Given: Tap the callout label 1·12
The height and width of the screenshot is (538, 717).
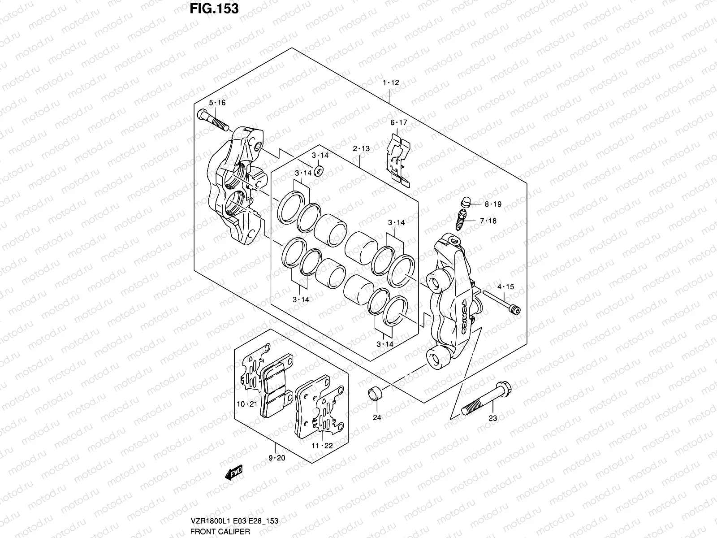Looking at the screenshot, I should (x=390, y=82).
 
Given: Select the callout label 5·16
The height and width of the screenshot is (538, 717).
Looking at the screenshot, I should (x=217, y=103).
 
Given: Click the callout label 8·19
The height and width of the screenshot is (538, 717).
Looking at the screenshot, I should (x=492, y=204).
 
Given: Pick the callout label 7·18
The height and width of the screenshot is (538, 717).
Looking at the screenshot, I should (x=488, y=221).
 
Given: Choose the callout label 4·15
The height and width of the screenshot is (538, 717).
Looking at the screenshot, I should (x=505, y=287).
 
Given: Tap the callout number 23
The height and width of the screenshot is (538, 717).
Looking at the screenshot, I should (x=492, y=418).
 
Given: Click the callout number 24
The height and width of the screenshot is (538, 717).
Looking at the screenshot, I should (x=377, y=417).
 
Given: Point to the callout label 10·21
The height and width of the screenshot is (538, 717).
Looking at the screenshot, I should (x=246, y=404).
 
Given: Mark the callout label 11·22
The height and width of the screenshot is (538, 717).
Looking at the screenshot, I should (x=323, y=446).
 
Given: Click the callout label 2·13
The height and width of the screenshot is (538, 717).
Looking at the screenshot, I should (x=361, y=148).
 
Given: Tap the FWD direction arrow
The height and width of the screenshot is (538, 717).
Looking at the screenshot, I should (x=233, y=473).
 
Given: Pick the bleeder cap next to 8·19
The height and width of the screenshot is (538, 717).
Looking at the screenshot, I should (x=466, y=202).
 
